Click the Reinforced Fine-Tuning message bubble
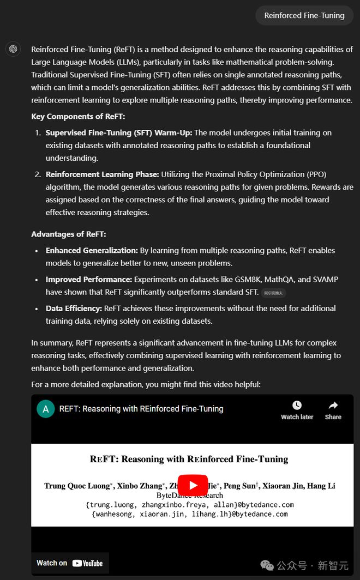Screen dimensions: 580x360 304,15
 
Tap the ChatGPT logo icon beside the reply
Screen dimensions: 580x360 13,49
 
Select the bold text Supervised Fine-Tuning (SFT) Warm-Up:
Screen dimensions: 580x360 119,132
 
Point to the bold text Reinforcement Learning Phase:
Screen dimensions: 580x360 102,174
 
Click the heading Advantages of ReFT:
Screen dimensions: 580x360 69,234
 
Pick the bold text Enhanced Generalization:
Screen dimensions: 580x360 92,250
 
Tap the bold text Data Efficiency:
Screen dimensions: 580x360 74,308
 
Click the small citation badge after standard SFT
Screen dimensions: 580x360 273,293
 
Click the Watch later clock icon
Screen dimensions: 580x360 297,405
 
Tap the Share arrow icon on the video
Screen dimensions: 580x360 333,405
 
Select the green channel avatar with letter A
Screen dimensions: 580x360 45,408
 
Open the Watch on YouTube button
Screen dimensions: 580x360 69,563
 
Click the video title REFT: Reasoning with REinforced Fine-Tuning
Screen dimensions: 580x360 141,408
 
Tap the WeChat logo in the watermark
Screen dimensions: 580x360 267,565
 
